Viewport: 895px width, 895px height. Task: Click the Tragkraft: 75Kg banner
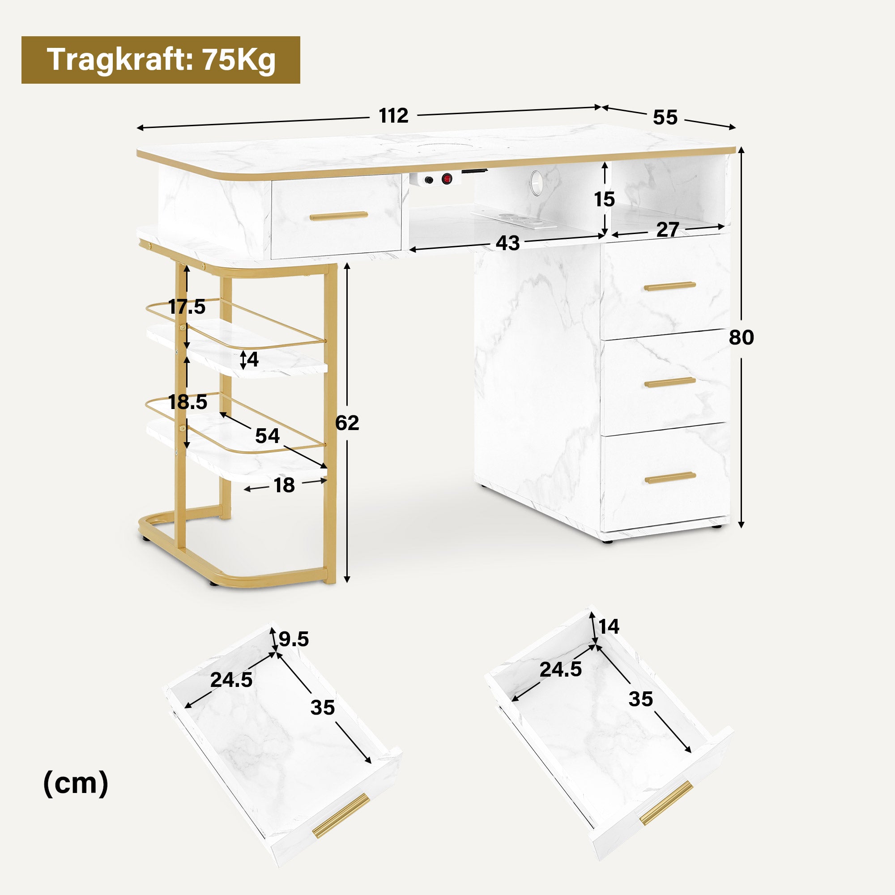pos(160,60)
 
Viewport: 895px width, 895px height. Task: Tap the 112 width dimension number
pos(393,116)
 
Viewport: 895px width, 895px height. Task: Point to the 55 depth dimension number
pos(665,118)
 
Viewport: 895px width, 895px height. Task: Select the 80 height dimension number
pos(741,337)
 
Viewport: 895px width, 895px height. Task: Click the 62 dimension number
pos(347,423)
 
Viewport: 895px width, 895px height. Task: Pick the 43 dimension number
pos(508,243)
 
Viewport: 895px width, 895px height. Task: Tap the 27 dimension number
pos(668,230)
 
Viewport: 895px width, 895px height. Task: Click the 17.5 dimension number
pos(187,307)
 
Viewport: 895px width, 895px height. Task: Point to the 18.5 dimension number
pos(187,402)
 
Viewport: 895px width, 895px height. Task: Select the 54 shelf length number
pos(267,436)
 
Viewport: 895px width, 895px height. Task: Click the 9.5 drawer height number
pos(294,639)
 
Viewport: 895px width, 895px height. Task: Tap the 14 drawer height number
pos(609,627)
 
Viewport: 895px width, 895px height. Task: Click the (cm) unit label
pos(76,784)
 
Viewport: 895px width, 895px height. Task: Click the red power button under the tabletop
pos(447,179)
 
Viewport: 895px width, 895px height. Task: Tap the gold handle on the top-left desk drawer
pos(339,216)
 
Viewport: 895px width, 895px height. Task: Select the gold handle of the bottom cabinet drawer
pos(670,477)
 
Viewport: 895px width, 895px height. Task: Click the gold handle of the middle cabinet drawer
pos(670,382)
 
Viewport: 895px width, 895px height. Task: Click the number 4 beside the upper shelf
pos(252,359)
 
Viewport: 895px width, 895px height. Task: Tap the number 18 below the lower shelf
pos(284,486)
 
